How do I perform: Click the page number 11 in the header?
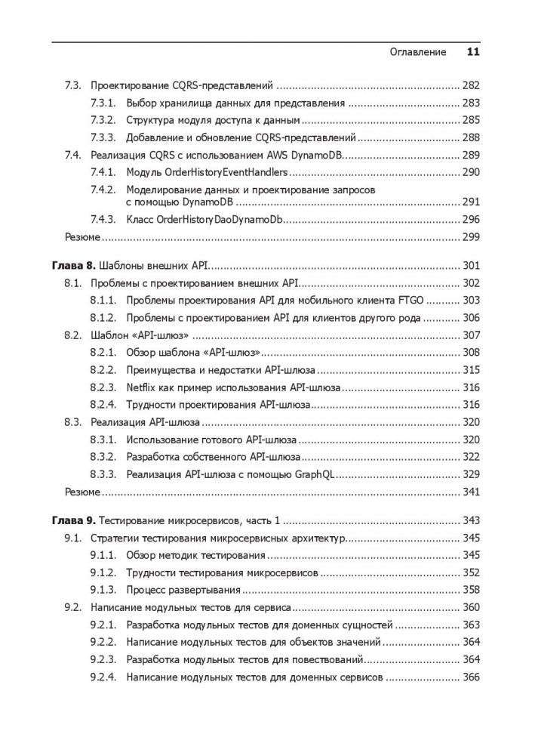coord(473,52)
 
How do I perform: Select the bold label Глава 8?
coord(74,266)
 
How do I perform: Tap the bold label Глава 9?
coord(74,520)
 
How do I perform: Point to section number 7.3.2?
coord(103,120)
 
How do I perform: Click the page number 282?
coord(470,85)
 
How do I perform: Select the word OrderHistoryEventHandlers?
coord(214,172)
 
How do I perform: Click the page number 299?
coord(470,236)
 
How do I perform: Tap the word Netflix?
coord(140,387)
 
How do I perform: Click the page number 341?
coord(470,492)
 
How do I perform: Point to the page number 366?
coord(470,677)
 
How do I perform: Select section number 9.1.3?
coord(103,590)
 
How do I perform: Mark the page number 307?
coord(470,335)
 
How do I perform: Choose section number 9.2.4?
coord(103,677)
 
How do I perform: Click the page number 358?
coord(470,590)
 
